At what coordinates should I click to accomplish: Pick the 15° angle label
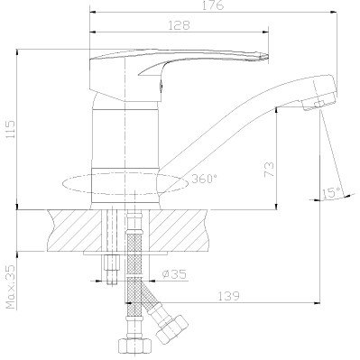point(331,193)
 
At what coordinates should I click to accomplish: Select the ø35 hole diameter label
point(175,272)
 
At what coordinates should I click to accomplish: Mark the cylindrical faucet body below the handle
point(126,135)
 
